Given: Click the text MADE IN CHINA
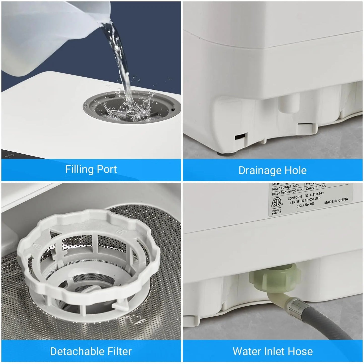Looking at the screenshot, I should (336, 201).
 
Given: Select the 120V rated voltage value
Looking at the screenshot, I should (296, 186).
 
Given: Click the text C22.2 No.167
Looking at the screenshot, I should (305, 205).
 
